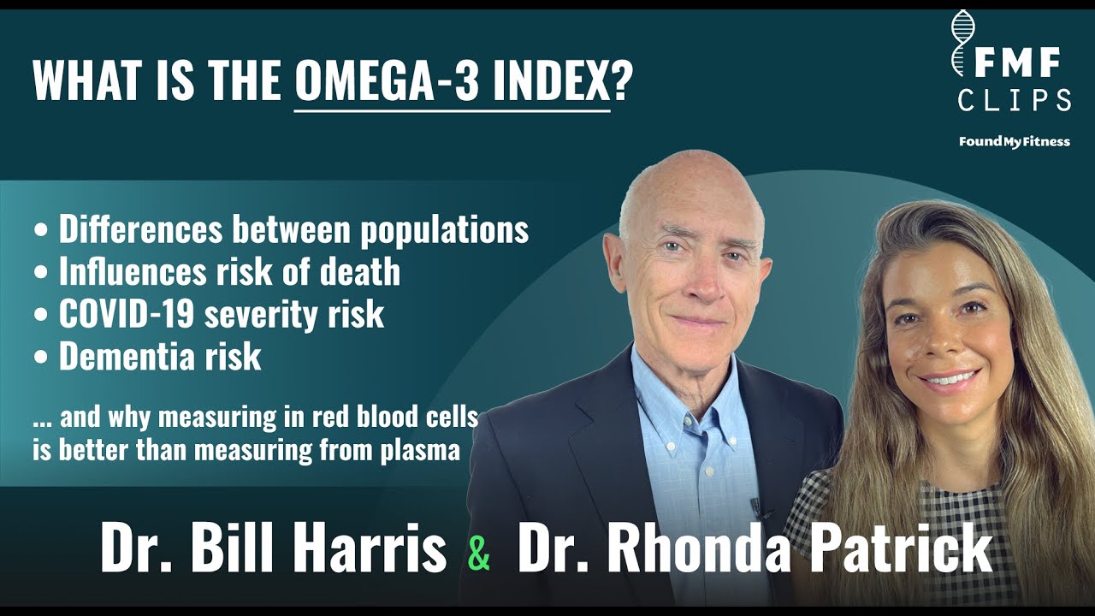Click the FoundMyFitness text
coord(1014,141)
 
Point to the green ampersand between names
coord(480,553)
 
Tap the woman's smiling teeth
coord(947,377)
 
